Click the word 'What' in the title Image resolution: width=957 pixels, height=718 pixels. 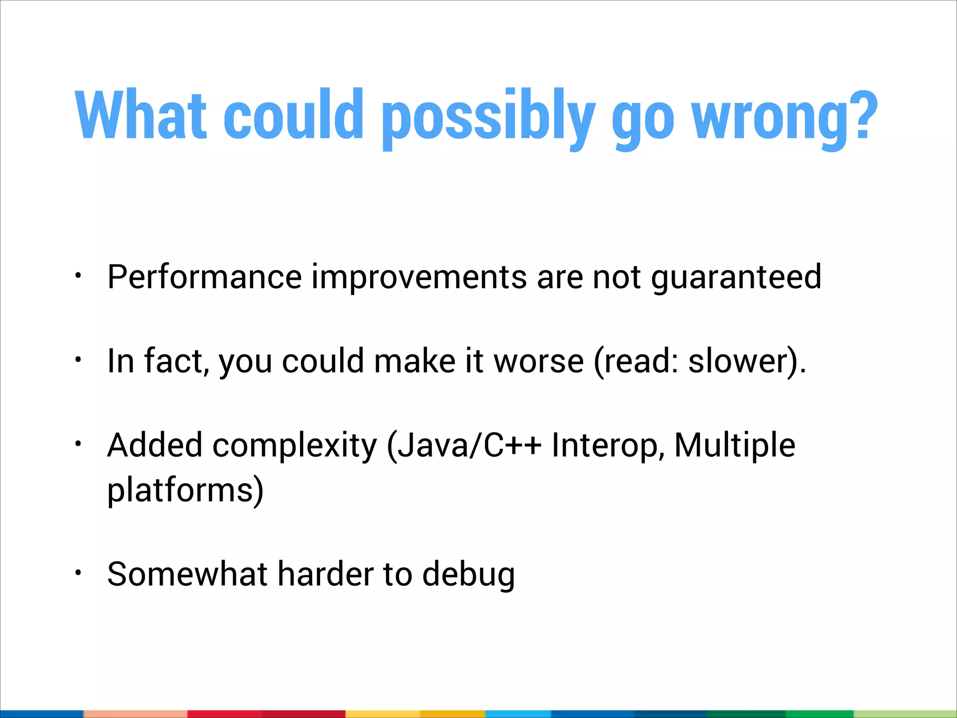click(140, 115)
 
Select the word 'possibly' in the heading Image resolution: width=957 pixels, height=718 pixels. click(488, 117)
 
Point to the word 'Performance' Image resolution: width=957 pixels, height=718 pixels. click(205, 277)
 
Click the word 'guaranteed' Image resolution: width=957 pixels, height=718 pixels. click(736, 277)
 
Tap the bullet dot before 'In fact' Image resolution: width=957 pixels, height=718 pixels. click(79, 359)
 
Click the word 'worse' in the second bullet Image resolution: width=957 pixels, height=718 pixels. click(539, 361)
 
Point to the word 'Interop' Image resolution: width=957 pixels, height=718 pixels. click(607, 445)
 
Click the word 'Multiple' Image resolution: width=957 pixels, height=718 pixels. click(735, 445)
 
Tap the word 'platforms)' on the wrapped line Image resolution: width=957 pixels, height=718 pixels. click(185, 490)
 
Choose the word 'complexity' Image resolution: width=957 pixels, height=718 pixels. click(294, 445)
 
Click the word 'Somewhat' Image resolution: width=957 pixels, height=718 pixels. click(187, 574)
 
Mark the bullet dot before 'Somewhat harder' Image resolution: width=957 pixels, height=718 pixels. click(79, 573)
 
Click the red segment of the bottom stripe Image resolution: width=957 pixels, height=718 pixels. click(266, 714)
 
